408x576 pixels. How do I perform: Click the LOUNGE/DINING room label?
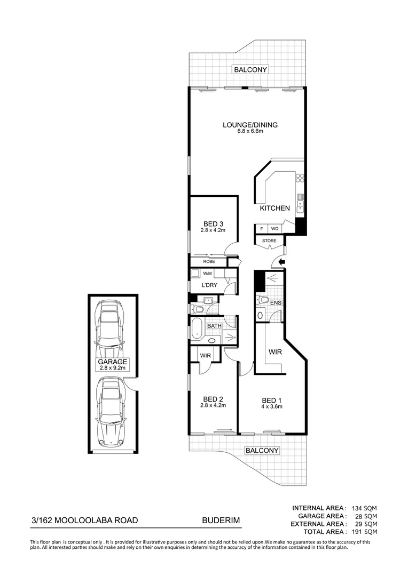(250, 125)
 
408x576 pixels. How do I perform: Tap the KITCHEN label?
(274, 208)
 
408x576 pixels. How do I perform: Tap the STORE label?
(270, 241)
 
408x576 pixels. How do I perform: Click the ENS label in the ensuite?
(276, 303)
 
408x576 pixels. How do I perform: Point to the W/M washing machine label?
(207, 274)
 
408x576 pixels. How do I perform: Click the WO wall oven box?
(275, 229)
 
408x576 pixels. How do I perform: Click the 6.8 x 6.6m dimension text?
(250, 132)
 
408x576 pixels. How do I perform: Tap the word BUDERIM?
(218, 520)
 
